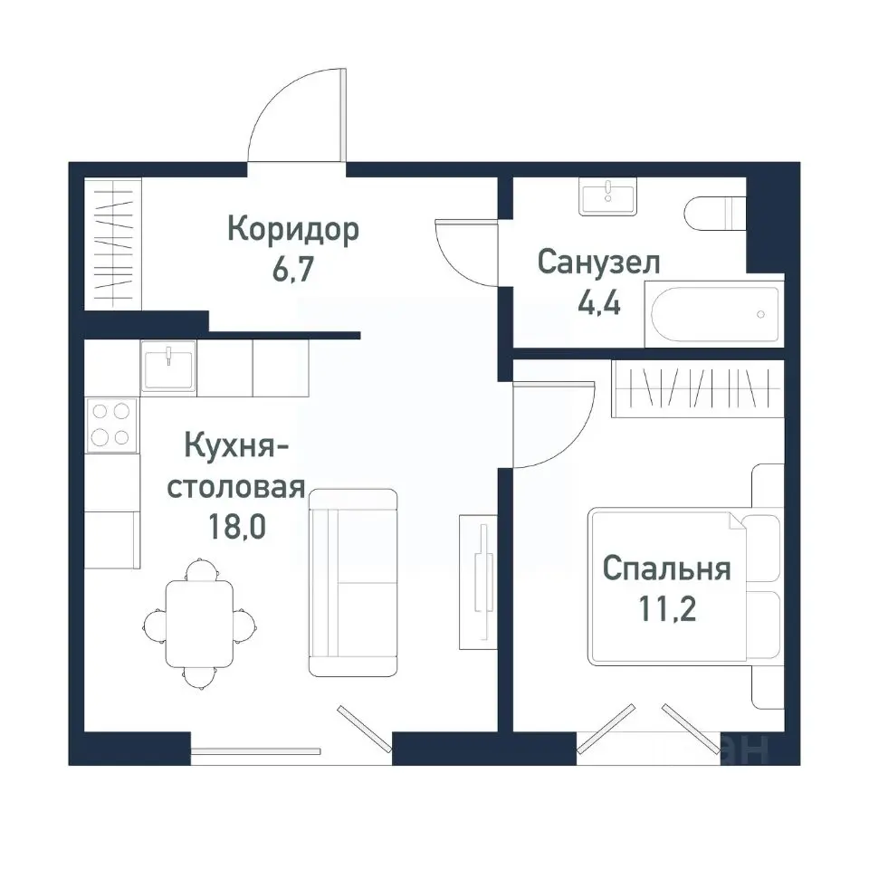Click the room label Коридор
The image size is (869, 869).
tap(292, 230)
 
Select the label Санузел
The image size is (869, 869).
tap(598, 263)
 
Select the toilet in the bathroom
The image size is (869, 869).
tap(714, 215)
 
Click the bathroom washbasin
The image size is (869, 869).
tap(608, 196)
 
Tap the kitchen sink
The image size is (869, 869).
tap(168, 367)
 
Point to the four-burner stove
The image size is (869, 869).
tap(111, 425)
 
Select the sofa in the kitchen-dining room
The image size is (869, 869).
tap(353, 583)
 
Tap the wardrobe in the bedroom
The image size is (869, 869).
tap(697, 389)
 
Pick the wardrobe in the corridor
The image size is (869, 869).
tap(113, 244)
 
